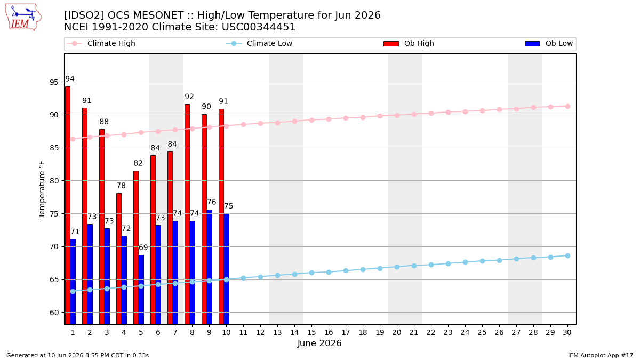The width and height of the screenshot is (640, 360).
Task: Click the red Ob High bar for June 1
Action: tap(68, 205)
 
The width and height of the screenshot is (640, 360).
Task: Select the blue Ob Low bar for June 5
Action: tap(141, 290)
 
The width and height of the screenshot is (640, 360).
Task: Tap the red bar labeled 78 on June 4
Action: tap(119, 259)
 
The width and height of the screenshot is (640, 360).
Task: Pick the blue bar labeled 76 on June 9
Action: tap(210, 267)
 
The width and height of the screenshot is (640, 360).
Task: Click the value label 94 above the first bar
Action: tap(70, 79)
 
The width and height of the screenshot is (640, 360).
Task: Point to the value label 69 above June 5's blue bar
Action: tap(143, 247)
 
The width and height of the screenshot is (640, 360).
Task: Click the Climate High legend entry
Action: tap(101, 43)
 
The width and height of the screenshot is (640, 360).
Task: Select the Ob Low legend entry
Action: tap(549, 43)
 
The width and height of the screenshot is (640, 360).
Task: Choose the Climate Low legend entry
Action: tap(259, 43)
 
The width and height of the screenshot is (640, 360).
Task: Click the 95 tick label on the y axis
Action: tap(54, 82)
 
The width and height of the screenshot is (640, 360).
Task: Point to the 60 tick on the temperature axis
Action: tap(54, 313)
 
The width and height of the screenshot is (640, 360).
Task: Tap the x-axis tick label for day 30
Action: tap(567, 332)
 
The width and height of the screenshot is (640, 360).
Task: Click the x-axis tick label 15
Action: tap(311, 332)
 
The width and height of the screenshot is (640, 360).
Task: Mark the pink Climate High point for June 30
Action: tap(567, 106)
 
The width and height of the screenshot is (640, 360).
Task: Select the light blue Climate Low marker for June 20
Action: tap(397, 267)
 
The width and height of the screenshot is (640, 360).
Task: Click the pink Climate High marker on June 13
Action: tap(277, 123)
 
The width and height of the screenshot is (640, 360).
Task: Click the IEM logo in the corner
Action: tap(23, 18)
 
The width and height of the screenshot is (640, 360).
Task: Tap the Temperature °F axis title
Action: tap(42, 190)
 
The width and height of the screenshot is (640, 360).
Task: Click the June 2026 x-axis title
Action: tap(319, 343)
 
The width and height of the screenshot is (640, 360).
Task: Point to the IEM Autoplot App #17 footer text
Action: tap(601, 355)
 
